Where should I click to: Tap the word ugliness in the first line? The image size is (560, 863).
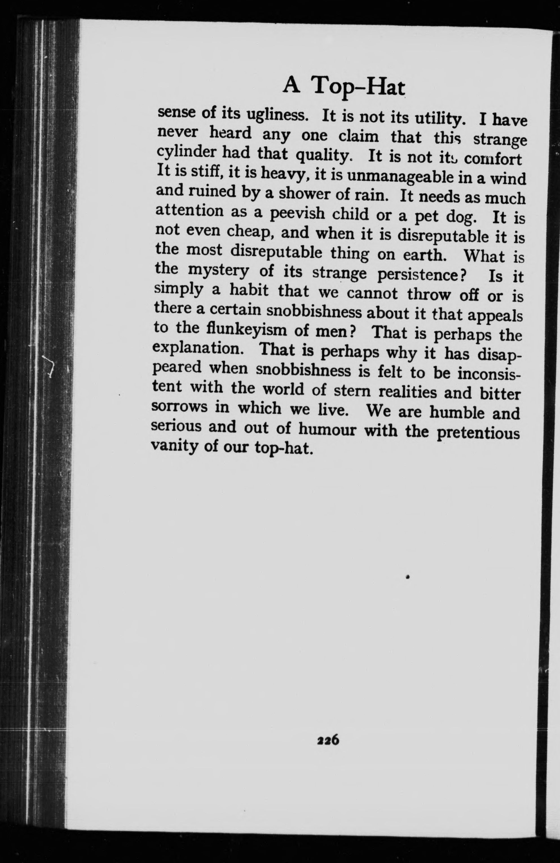(277, 115)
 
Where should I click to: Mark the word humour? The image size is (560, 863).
(327, 430)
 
